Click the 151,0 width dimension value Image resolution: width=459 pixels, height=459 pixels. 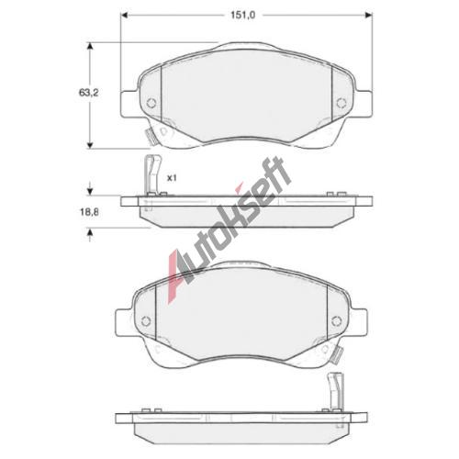point(243,15)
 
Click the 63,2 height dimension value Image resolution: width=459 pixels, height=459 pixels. point(88,93)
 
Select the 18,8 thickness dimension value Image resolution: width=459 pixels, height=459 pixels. point(88,212)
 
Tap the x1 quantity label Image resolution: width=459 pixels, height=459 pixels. point(172,178)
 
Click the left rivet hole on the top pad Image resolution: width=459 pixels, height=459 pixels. point(151,103)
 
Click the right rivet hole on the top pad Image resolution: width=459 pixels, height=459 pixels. point(341,103)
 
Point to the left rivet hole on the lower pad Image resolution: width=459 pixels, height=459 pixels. point(146,320)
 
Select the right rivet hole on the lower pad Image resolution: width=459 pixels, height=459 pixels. point(336,320)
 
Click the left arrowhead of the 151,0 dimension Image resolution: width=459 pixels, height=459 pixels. point(124,15)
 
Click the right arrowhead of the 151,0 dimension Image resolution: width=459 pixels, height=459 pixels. point(369,15)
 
